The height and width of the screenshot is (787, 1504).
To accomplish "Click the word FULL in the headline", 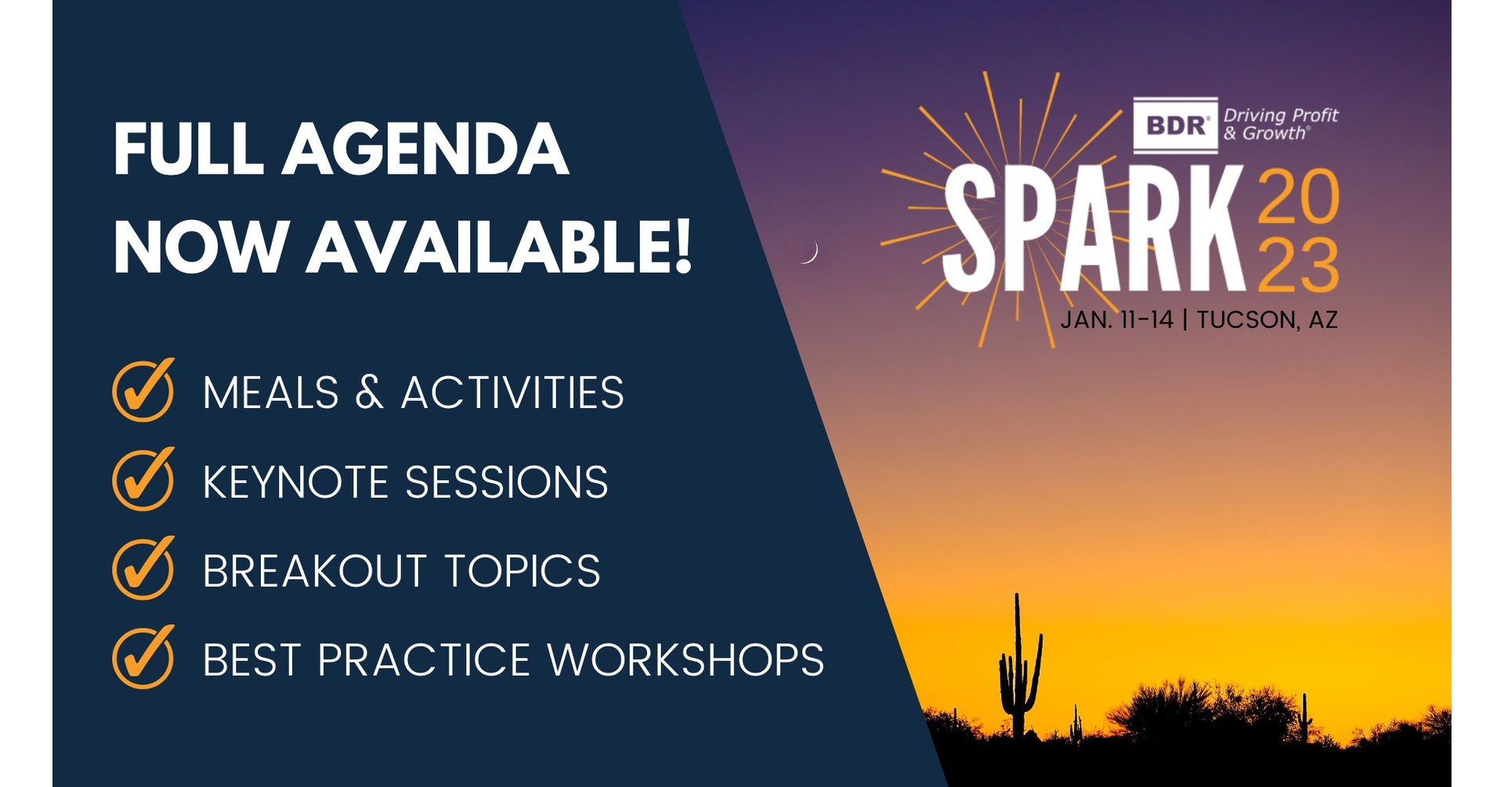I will click(188, 150).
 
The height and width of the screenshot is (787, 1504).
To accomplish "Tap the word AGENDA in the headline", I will click(425, 150).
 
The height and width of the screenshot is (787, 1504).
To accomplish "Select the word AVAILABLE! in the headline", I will click(500, 247).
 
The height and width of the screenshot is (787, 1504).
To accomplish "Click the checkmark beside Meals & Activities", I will click(143, 390).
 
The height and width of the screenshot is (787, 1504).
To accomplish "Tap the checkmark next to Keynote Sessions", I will click(143, 479).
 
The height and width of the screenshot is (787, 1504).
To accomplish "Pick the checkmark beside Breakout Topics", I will click(143, 569).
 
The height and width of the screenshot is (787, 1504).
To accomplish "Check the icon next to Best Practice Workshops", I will click(143, 658).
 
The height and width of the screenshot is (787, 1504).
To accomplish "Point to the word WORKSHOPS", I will click(685, 660).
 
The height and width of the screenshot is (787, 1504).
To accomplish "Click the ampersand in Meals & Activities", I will click(369, 392).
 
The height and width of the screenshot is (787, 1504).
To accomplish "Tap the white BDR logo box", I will click(1175, 125).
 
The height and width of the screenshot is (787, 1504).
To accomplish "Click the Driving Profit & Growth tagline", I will click(1280, 125).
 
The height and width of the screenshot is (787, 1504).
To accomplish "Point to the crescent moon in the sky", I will click(810, 252).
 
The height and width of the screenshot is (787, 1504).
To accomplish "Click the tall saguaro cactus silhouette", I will click(1018, 673).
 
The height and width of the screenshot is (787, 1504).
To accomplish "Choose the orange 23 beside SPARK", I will click(1298, 266).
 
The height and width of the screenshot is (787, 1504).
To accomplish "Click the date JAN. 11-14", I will click(1116, 319).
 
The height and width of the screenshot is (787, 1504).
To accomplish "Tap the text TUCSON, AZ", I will click(1267, 319).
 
